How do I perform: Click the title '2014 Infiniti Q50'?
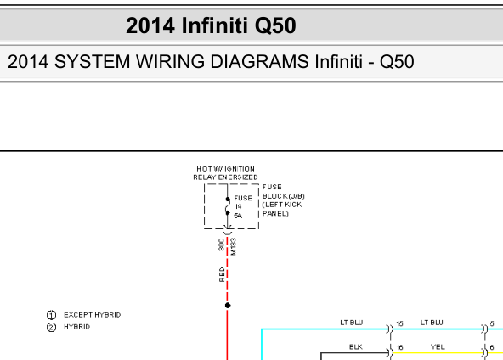211,25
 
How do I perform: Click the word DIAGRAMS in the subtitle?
259,61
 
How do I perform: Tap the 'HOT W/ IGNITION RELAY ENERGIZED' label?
225,173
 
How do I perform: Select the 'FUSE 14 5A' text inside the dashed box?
243,207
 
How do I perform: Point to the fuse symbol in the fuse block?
228,206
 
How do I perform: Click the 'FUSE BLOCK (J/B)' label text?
283,191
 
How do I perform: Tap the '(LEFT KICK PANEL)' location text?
282,209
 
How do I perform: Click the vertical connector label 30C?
221,245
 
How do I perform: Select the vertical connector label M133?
233,246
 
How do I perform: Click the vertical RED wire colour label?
222,275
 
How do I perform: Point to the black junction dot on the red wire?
228,305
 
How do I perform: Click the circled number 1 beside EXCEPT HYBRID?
51,315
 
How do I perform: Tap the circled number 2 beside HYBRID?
51,327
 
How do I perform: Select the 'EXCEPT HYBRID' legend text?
93,315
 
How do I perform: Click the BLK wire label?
356,347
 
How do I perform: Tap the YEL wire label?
438,347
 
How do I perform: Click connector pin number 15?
399,323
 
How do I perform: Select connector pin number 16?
399,347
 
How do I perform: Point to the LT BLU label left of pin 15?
352,323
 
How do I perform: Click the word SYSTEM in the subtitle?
92,61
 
